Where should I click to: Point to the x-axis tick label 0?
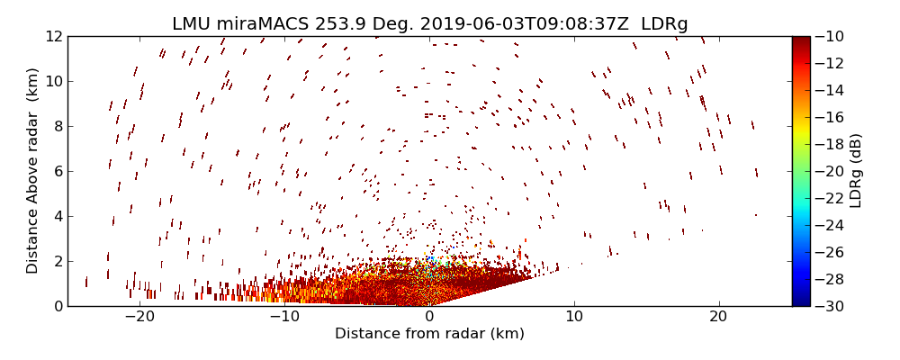pos(429,317)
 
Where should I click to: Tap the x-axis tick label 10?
pos(574,317)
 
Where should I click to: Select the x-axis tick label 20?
pos(718,317)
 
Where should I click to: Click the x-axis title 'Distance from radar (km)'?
pos(429,334)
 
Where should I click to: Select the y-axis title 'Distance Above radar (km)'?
pos(32,171)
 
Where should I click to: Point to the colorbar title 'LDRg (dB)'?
pos(856,171)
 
